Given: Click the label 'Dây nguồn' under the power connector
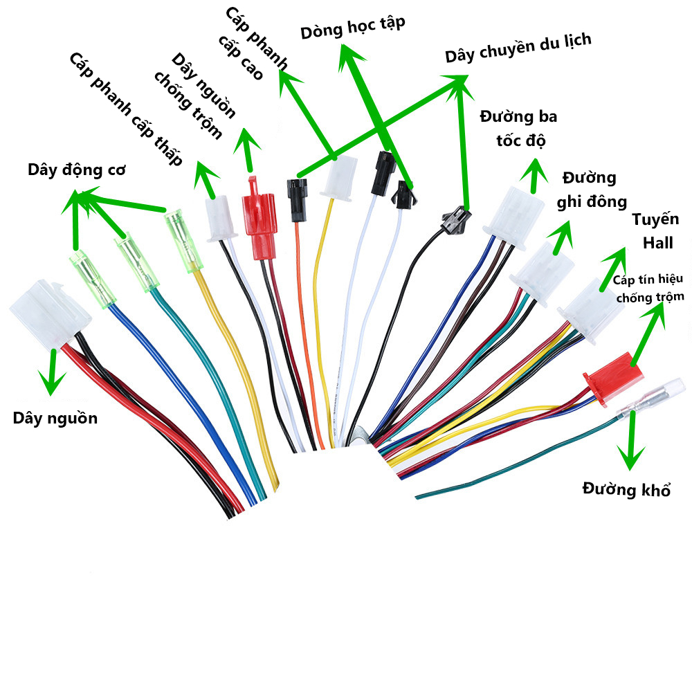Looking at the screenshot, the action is (x=55, y=419).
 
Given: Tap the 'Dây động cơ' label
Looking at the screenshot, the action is (x=76, y=170).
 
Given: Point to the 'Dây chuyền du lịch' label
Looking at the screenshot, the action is (x=518, y=48).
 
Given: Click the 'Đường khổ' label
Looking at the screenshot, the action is (x=627, y=489).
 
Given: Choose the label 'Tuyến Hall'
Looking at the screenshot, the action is (x=656, y=231).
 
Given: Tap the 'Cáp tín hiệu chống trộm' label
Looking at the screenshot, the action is (x=649, y=288).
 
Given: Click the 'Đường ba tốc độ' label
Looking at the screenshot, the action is (x=519, y=129).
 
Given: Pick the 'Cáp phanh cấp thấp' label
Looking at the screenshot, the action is (x=125, y=109).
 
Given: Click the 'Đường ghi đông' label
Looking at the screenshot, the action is (x=592, y=190).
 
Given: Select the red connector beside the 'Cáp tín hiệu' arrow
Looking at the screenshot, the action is (x=613, y=378).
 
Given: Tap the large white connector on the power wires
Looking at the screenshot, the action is (x=51, y=314).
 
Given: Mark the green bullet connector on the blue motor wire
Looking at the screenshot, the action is (x=92, y=278).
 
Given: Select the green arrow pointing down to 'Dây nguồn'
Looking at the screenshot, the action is (x=53, y=372).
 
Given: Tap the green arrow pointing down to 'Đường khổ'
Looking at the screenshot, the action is (x=632, y=440).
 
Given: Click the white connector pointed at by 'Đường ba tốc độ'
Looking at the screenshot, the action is (x=513, y=217).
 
